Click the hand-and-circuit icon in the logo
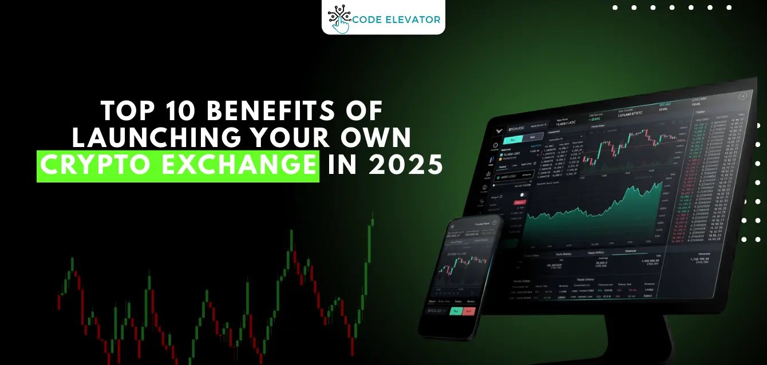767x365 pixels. [x=339, y=18]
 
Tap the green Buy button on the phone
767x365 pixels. [x=456, y=311]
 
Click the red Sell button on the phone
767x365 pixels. [x=469, y=312]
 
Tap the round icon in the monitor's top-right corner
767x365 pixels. [x=743, y=97]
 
